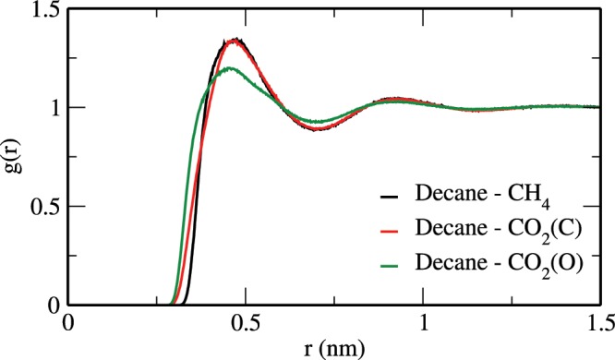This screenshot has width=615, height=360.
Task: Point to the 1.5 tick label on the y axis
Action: click(41, 10)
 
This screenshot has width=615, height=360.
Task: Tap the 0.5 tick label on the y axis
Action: click(41, 207)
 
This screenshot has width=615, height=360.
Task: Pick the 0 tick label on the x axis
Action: click(67, 324)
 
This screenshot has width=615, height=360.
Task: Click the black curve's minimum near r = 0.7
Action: click(316, 129)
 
